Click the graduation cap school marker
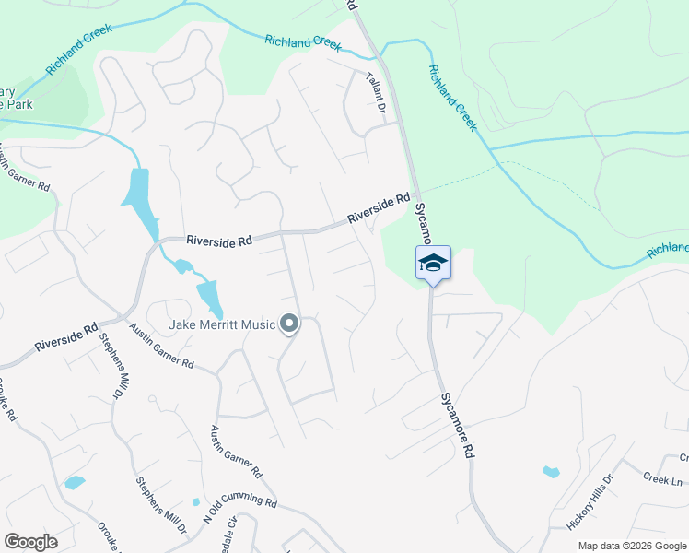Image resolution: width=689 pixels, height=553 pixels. pos(433,264)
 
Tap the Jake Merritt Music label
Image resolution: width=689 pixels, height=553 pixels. pos(222,324)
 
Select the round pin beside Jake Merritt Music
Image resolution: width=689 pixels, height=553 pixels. pos(289,324)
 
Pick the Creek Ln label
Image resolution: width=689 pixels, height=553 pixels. pos(663,479)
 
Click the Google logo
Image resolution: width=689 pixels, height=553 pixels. pos(30,542)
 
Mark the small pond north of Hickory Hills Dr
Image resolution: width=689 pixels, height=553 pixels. pos(551,473)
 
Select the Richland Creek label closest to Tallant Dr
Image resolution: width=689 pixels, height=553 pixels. pos(302,42)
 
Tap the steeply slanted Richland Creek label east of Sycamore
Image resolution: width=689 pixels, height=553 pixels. pos(451,97)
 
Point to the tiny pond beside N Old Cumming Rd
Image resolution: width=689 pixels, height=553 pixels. pos(195,502)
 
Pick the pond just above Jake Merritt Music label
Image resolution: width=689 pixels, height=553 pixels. pos(208,297)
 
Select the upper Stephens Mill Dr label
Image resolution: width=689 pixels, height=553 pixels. pos(119,365)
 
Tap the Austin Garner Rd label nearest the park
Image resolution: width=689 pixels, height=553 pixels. pos(25,170)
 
